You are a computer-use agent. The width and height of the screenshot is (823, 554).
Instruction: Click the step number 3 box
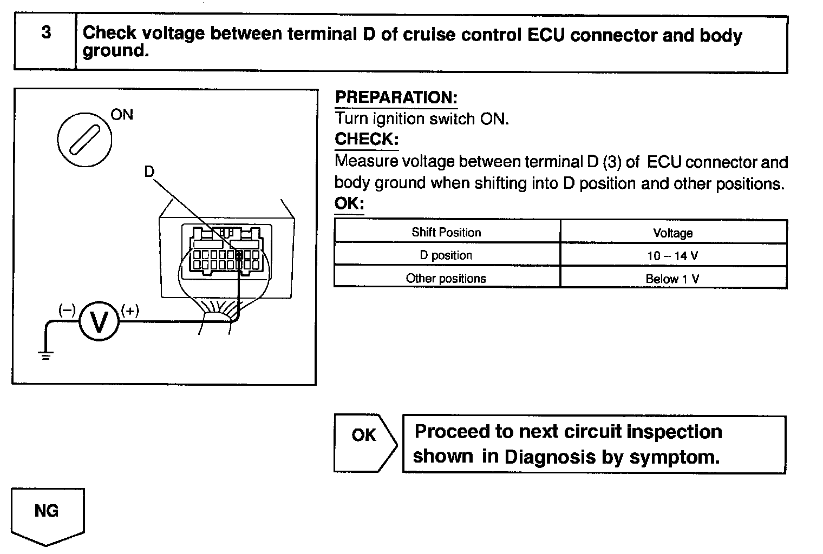click(x=45, y=34)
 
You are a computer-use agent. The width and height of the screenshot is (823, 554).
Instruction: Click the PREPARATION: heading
click(x=396, y=98)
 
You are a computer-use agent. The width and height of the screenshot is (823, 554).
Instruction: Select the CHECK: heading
click(x=366, y=139)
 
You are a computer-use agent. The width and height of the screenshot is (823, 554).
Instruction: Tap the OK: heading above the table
click(x=349, y=204)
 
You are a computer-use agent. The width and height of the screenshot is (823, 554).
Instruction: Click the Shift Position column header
click(x=446, y=233)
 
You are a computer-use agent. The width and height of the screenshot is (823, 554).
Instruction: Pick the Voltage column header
click(x=672, y=233)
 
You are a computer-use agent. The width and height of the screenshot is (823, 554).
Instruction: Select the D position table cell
click(x=446, y=255)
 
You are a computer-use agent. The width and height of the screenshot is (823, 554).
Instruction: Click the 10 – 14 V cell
click(x=672, y=256)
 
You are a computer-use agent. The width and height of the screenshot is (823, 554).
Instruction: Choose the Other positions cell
click(x=446, y=279)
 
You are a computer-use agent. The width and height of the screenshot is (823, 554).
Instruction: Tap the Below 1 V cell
click(x=672, y=279)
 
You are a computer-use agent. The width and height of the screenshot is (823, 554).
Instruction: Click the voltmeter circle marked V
click(x=99, y=322)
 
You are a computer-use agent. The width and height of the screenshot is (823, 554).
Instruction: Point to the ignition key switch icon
click(x=84, y=140)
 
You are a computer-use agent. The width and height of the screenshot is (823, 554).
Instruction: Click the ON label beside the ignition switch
click(x=122, y=115)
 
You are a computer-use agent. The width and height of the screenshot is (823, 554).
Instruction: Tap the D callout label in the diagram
click(x=149, y=172)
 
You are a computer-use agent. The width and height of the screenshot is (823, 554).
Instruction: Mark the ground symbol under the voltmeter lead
click(x=45, y=356)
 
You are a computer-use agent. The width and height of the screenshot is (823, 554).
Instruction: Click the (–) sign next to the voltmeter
click(x=67, y=309)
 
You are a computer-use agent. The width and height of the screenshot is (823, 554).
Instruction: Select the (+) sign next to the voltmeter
click(x=130, y=311)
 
